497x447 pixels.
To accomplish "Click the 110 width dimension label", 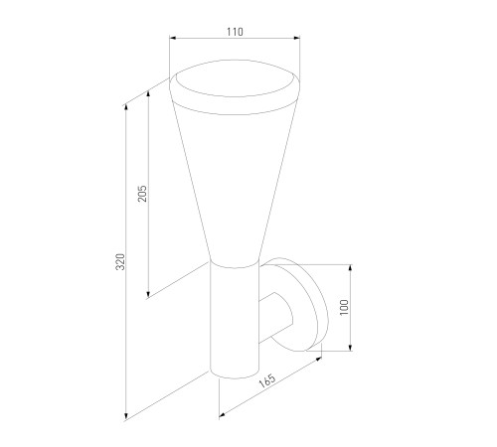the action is coord(235,32).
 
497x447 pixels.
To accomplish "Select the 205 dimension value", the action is coord(142,194).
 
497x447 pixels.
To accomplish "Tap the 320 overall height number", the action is coord(120,261).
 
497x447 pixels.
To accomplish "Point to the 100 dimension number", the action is coord(345,307).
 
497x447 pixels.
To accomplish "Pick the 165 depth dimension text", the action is coord(267,380).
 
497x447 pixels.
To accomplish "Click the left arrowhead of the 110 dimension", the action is coord(173,38).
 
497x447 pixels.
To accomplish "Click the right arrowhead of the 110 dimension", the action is coord(296,38).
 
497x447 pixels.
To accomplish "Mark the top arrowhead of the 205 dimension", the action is coord(148,94).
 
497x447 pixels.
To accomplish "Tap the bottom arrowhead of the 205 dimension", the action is coord(148,294).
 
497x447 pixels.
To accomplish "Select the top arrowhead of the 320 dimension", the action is coord(126,109).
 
